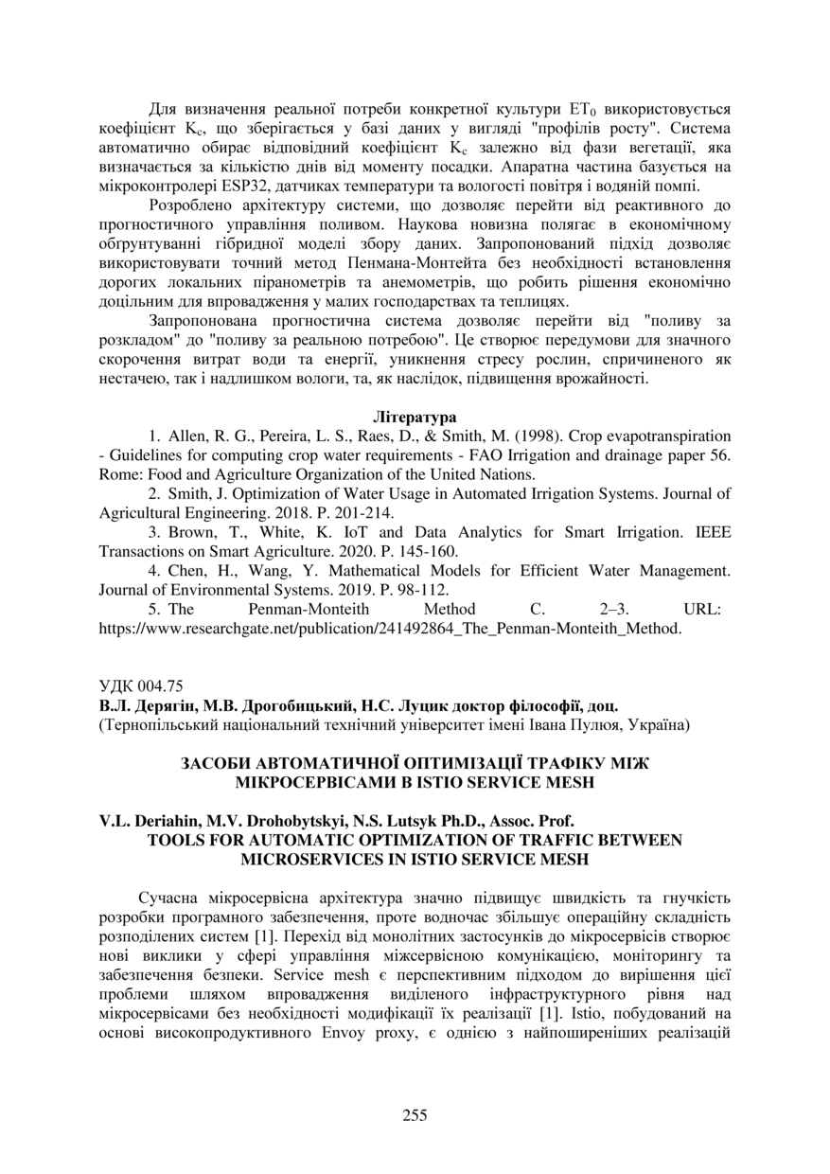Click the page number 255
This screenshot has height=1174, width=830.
pyautogui.click(x=415, y=1114)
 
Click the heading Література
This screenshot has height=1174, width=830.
pyautogui.click(x=415, y=417)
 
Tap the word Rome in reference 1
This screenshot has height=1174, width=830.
pyautogui.click(x=118, y=474)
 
